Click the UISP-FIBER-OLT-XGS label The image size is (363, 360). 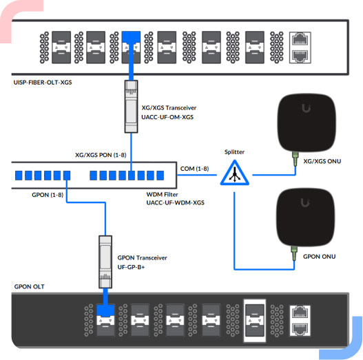click(x=43, y=83)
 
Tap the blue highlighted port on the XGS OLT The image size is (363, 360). click(x=131, y=47)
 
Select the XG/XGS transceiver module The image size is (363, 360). click(x=132, y=107)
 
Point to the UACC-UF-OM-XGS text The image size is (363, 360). click(x=167, y=117)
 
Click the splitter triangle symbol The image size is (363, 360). click(x=234, y=173)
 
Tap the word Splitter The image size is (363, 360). click(x=234, y=152)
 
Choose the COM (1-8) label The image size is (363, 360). click(x=194, y=169)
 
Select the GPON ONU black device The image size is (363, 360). click(x=306, y=218)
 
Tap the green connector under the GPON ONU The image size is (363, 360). click(x=294, y=253)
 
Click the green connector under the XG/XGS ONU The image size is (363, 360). click(x=295, y=159)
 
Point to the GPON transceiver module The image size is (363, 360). click(x=105, y=262)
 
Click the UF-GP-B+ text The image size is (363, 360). click(x=131, y=267)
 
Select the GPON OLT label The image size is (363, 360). click(x=29, y=286)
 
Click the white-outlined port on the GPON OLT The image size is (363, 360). click(x=255, y=321)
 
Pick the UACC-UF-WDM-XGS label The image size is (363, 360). click(x=175, y=202)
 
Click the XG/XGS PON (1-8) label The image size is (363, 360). click(x=101, y=155)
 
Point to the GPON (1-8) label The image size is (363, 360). click(x=48, y=195)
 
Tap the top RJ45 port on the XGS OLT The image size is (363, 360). click(x=300, y=39)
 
